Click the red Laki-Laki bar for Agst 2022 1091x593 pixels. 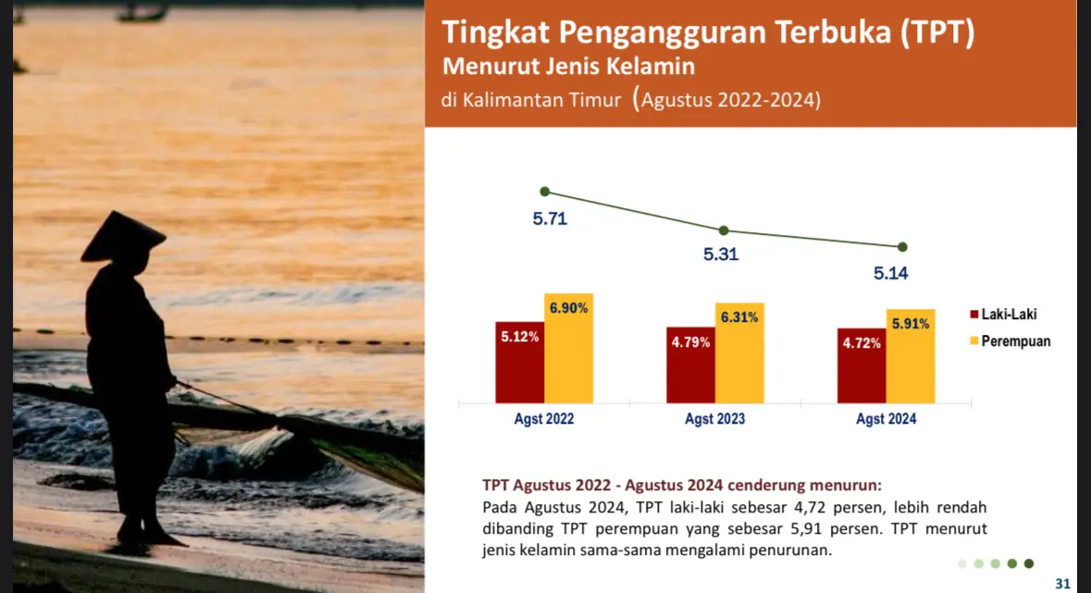[x=520, y=363]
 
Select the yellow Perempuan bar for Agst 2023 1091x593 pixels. [x=739, y=352]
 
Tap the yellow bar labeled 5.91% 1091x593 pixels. [x=911, y=356]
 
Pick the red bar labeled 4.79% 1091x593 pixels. [x=691, y=365]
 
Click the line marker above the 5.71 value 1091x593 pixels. [x=545, y=191]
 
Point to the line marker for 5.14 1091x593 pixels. [x=902, y=247]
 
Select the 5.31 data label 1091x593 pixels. [x=721, y=254]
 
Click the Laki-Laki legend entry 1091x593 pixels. [x=1003, y=315]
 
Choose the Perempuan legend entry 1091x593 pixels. [x=1010, y=341]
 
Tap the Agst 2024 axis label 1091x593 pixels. [x=886, y=419]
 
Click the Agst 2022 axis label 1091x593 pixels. [x=544, y=419]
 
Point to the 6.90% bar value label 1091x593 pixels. [x=568, y=308]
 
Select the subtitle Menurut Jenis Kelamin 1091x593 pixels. [x=568, y=66]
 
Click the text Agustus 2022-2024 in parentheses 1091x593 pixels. [x=727, y=100]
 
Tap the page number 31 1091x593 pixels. [x=1062, y=584]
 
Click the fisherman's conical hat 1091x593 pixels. [x=122, y=237]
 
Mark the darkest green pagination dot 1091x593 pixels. [x=1028, y=563]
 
